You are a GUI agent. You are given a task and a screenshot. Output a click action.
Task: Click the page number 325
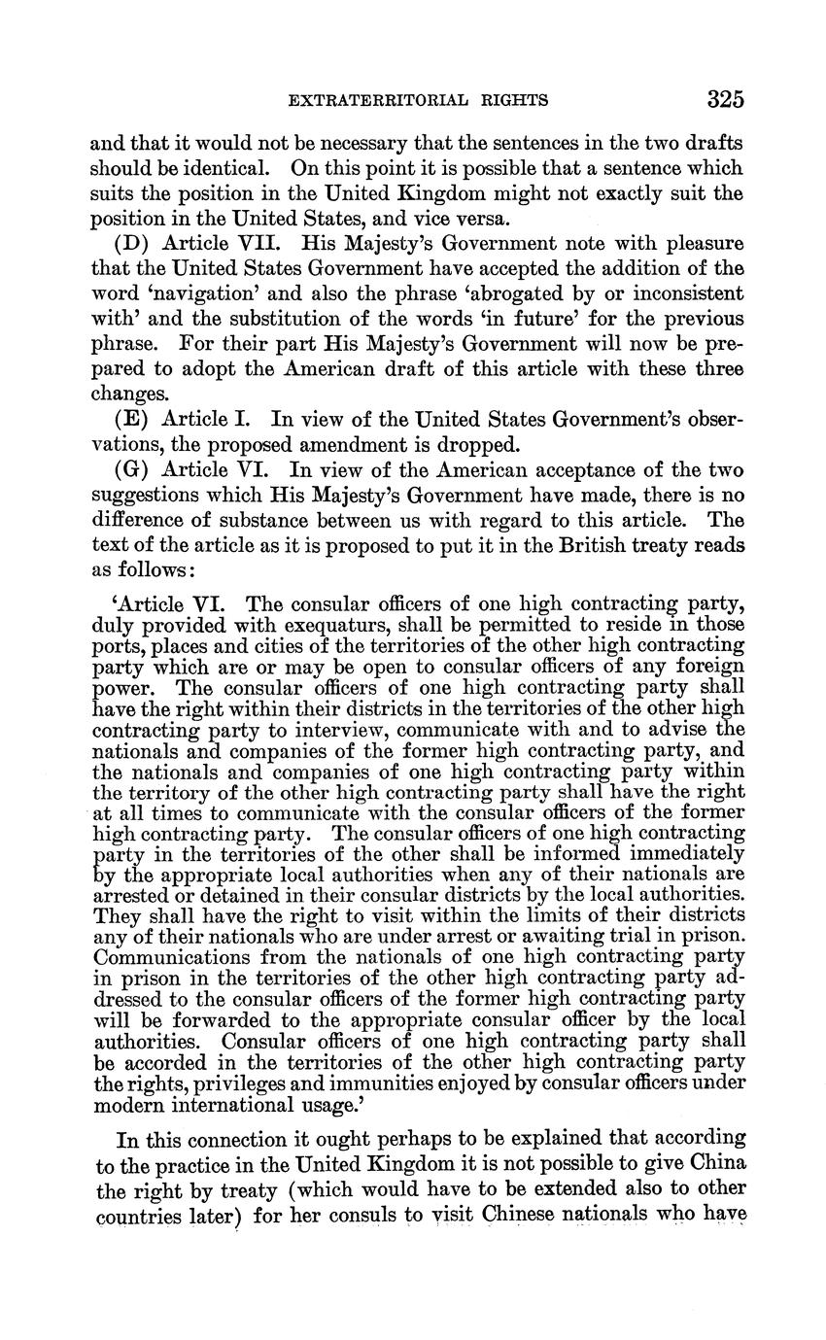(725, 99)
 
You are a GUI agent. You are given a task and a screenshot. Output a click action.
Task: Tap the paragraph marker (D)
(134, 243)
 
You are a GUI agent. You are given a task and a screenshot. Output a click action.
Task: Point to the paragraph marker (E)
(133, 419)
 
